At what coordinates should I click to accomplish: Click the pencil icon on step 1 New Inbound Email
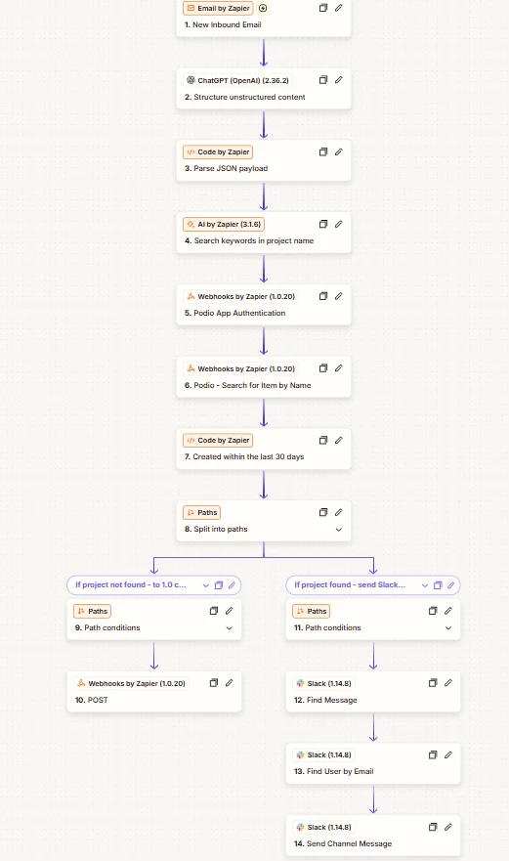click(339, 8)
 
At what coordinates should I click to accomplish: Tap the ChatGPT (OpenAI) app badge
click(237, 80)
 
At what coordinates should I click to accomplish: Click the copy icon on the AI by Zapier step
click(323, 224)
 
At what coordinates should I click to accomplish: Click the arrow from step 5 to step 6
click(264, 341)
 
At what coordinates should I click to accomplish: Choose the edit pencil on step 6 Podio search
click(339, 367)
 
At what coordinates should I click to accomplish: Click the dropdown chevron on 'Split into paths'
click(339, 530)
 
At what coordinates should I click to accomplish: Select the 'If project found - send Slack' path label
click(350, 584)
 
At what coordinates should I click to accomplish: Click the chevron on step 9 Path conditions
click(229, 627)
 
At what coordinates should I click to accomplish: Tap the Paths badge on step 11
click(312, 611)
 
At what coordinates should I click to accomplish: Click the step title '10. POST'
click(91, 700)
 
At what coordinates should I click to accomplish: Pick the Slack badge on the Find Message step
click(323, 684)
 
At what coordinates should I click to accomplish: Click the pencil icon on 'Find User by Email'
click(448, 755)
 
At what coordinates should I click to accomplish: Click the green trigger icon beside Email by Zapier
click(263, 8)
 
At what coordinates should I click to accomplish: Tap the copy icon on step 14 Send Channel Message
click(433, 827)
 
